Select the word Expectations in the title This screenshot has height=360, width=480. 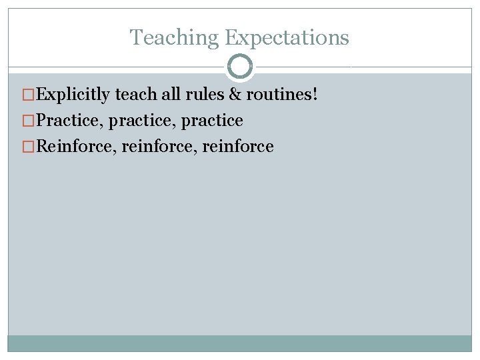287,38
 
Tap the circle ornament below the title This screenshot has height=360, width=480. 240,67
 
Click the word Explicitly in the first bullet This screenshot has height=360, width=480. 73,95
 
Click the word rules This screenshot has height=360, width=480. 205,95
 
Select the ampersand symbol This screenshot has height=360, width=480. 235,95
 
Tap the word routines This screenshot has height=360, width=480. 279,95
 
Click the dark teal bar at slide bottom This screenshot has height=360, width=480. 240,343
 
